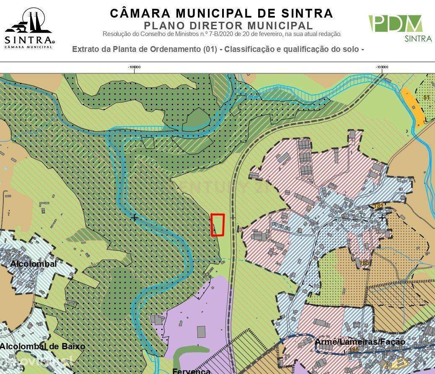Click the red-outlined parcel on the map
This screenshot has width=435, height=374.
[217, 225]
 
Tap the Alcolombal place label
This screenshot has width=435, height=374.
[34, 264]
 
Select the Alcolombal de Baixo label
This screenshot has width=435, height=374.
[42, 346]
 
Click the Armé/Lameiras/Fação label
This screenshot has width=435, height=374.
[360, 342]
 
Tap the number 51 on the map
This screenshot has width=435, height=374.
[427, 98]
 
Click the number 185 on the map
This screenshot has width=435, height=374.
[364, 263]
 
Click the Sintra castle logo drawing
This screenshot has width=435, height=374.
[28, 23]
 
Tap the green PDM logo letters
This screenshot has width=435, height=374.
[395, 24]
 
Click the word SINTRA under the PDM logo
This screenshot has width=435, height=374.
[418, 39]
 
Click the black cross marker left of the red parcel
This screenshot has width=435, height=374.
[134, 218]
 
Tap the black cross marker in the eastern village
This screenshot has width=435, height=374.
[382, 218]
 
